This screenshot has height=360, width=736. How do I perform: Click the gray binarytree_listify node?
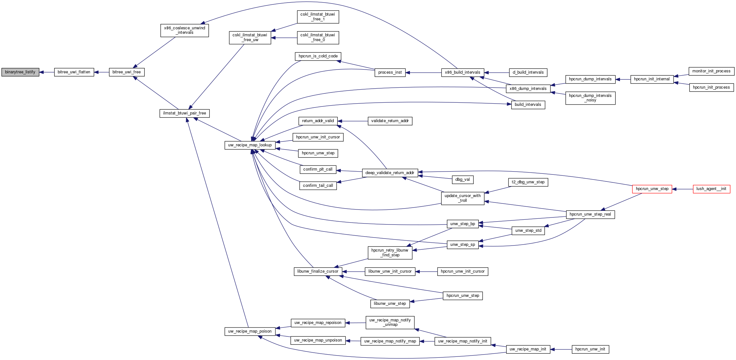point(20,72)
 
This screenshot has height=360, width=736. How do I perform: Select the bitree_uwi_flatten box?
point(74,72)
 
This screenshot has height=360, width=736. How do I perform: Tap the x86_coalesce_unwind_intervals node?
point(185,30)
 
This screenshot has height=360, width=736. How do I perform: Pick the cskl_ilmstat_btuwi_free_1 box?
point(318,17)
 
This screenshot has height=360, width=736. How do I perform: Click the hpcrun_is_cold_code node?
point(318,56)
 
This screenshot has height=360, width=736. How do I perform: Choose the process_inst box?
point(390,72)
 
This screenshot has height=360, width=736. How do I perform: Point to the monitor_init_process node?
point(711,71)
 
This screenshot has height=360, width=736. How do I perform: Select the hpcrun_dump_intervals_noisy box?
point(590,98)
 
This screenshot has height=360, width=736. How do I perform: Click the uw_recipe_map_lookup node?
point(250,145)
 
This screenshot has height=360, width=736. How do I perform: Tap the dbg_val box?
point(463,180)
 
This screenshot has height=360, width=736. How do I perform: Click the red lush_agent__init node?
point(711,189)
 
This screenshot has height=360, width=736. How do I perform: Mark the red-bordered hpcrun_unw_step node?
point(652,189)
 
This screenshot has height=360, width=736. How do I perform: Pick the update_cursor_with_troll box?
point(463,198)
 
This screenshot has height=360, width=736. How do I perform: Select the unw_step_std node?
point(528,231)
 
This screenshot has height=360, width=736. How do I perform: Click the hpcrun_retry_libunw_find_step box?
point(390,253)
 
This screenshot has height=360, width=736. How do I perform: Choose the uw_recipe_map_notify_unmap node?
point(390,322)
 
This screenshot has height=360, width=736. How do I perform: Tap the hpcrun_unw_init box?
point(590,349)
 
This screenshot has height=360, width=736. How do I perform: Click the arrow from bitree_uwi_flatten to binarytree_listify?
point(47,72)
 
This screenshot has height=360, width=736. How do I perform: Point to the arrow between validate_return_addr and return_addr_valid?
point(353,121)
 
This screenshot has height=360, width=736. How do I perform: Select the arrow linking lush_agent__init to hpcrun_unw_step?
point(682,189)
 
